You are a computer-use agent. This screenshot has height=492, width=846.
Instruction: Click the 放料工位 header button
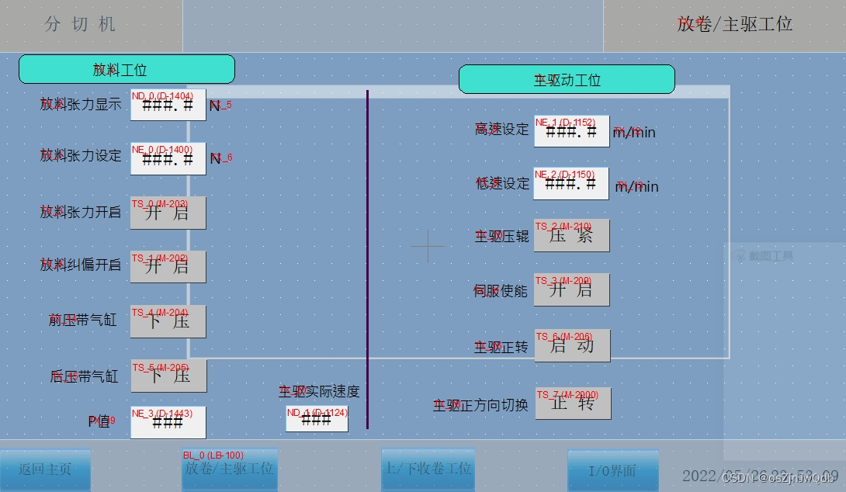[127, 69]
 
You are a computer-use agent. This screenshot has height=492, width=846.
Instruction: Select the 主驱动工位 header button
[567, 79]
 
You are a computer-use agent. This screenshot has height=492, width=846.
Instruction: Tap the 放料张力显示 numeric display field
[168, 105]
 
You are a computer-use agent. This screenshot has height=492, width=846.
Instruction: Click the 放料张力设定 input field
[168, 158]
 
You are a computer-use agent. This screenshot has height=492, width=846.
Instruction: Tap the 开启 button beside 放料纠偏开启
[168, 267]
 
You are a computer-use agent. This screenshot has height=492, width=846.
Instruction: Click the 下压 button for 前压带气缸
[168, 321]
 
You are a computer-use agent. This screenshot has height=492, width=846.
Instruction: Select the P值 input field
[168, 422]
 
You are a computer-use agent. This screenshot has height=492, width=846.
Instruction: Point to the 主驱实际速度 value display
[317, 419]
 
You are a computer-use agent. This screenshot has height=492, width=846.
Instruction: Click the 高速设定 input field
[571, 131]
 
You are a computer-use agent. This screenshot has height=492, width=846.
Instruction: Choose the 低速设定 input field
[570, 184]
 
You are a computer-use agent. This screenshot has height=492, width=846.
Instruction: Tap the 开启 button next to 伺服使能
[571, 289]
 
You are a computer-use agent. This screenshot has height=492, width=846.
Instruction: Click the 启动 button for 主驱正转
[571, 345]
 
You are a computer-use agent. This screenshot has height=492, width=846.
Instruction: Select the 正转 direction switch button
[573, 404]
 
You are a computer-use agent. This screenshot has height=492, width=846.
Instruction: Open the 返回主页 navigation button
[45, 469]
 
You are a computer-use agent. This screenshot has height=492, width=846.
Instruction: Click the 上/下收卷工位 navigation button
[428, 469]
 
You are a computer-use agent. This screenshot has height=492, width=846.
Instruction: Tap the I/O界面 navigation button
[612, 470]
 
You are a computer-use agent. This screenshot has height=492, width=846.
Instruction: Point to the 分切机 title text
[80, 24]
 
